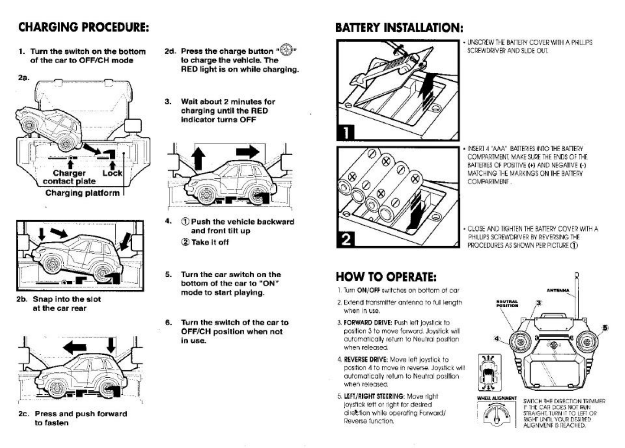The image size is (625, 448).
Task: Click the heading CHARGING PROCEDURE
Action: (x=84, y=27)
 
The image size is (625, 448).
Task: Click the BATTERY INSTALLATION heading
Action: (x=399, y=28)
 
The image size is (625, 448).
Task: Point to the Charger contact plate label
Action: (x=69, y=177)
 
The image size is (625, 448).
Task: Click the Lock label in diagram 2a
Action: (x=112, y=173)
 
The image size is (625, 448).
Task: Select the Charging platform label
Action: (x=82, y=193)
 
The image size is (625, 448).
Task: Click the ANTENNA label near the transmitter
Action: (x=558, y=290)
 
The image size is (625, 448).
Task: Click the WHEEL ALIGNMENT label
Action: (x=497, y=398)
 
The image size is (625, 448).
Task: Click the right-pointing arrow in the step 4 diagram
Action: (x=248, y=152)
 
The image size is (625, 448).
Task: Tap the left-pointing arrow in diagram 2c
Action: (x=75, y=346)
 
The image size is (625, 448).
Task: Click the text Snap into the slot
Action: (x=67, y=299)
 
